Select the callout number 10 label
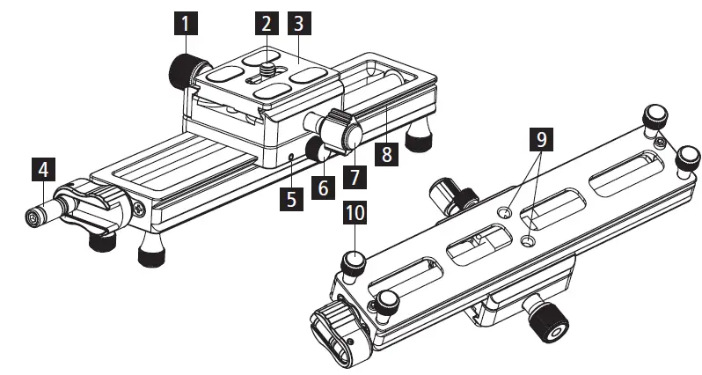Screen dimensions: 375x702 click(x=354, y=215)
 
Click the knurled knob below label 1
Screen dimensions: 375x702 click(x=188, y=69)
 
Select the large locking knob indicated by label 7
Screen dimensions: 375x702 click(x=342, y=135)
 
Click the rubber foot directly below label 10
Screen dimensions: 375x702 click(x=355, y=259)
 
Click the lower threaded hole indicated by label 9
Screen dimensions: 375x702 click(x=528, y=240)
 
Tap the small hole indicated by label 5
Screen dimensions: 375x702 click(x=291, y=158)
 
